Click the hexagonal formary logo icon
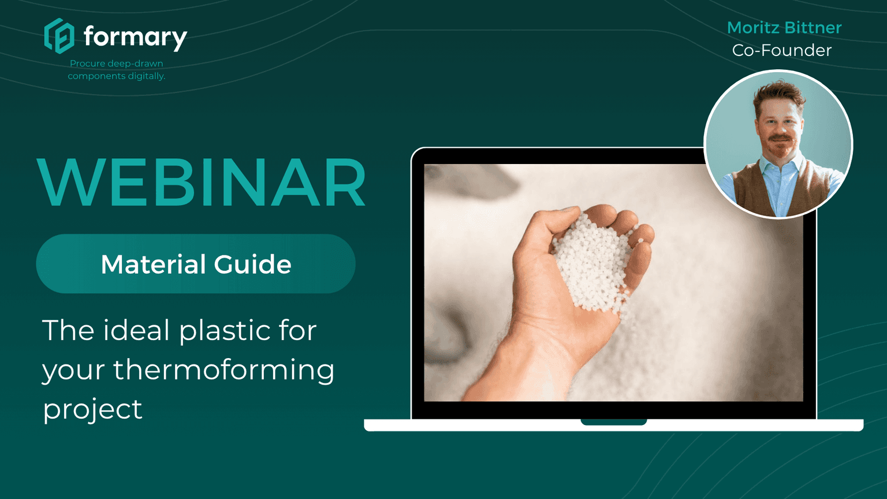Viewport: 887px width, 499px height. click(x=59, y=36)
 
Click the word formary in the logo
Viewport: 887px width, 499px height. click(x=135, y=37)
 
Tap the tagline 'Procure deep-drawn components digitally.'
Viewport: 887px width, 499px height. click(x=117, y=69)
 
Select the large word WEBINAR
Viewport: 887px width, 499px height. click(x=202, y=183)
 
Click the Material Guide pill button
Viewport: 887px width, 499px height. click(x=196, y=264)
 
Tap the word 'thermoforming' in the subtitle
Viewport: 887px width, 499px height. click(x=223, y=370)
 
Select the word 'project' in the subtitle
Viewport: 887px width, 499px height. click(x=92, y=409)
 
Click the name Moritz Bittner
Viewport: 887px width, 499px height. click(x=784, y=27)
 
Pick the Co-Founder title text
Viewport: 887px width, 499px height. click(x=782, y=50)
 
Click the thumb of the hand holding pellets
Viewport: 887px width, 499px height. click(x=540, y=231)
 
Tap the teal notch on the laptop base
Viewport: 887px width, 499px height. click(x=613, y=422)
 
